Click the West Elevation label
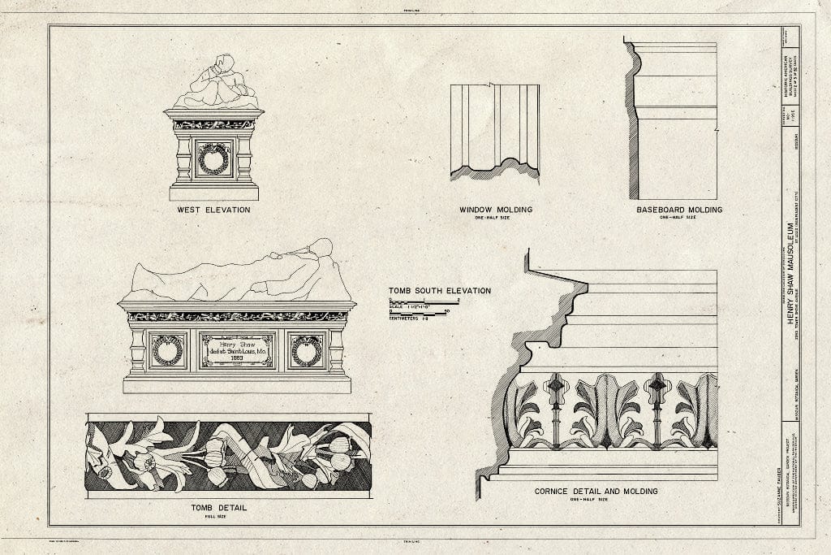pyautogui.click(x=213, y=210)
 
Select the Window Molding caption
pyautogui.click(x=496, y=210)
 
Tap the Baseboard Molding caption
pyautogui.click(x=678, y=210)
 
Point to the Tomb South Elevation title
pyautogui.click(x=439, y=290)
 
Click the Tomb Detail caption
pyautogui.click(x=218, y=509)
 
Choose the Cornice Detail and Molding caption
pyautogui.click(x=596, y=492)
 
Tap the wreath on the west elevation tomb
pyautogui.click(x=213, y=158)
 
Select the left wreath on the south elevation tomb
pyautogui.click(x=167, y=349)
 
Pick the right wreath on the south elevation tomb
pyautogui.click(x=307, y=349)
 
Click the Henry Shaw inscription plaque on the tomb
pyautogui.click(x=237, y=349)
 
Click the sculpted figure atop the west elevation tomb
pyautogui.click(x=216, y=83)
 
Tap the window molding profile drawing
pyautogui.click(x=495, y=130)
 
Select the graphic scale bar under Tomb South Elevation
pyautogui.click(x=420, y=307)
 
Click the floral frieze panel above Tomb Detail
pyautogui.click(x=228, y=455)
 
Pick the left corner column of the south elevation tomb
pyautogui.click(x=137, y=349)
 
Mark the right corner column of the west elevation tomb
pyautogui.click(x=244, y=158)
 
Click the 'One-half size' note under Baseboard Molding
pyautogui.click(x=678, y=218)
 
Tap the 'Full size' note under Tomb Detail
pyautogui.click(x=218, y=517)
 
